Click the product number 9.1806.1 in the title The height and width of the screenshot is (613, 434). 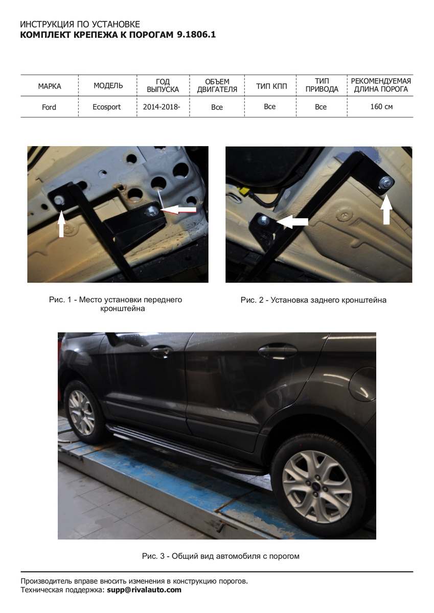click(196, 35)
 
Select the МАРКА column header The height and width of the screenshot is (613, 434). click(49, 86)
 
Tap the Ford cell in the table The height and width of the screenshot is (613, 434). click(49, 107)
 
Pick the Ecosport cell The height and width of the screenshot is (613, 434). click(106, 107)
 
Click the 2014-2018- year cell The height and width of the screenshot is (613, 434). click(162, 107)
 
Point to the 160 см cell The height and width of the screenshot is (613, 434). click(381, 106)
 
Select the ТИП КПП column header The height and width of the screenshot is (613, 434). click(271, 86)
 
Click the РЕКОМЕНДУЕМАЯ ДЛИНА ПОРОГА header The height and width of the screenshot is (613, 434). click(381, 85)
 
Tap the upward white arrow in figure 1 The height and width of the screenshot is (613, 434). click(61, 225)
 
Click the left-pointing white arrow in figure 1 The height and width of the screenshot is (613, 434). click(178, 210)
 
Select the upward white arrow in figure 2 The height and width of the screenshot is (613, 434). click(386, 210)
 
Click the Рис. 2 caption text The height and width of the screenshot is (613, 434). click(313, 300)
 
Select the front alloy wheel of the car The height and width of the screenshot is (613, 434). click(81, 413)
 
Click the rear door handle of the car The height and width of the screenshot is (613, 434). click(278, 351)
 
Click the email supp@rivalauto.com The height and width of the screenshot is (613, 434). click(144, 590)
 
